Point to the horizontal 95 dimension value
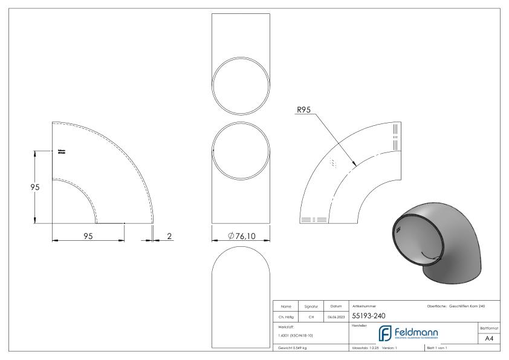89,235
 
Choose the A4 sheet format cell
488,339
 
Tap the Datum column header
336,306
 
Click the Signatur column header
312,306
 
